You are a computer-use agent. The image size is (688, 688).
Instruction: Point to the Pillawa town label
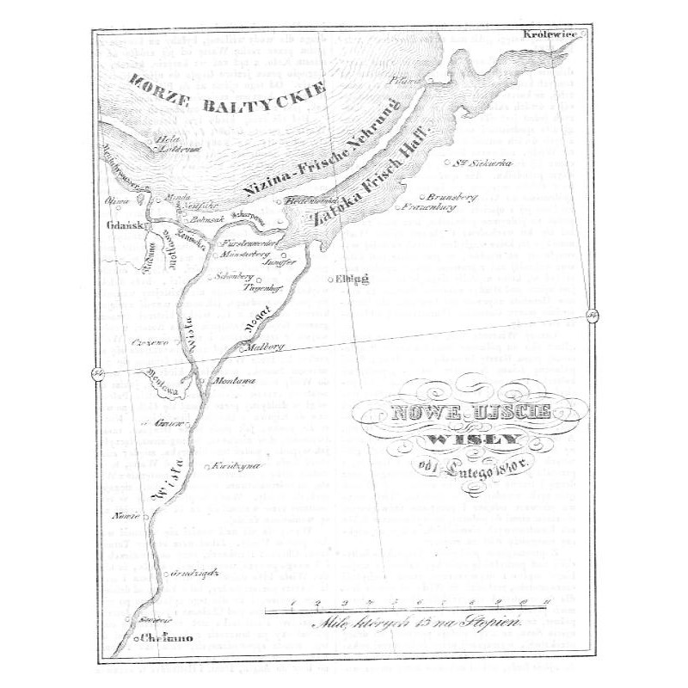tap(406, 81)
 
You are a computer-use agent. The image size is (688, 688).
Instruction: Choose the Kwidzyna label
tap(236, 466)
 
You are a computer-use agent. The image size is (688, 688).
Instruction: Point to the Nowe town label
tap(124, 516)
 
